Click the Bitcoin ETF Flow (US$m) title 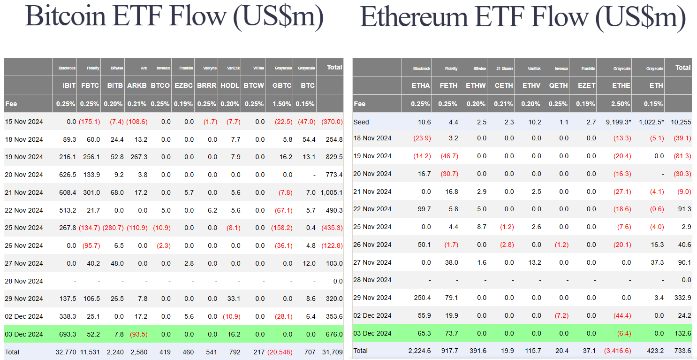(174, 16)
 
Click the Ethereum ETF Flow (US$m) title (522, 17)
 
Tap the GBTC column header (281, 85)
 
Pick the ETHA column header (420, 85)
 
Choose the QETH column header (558, 85)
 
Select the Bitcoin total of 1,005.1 (331, 192)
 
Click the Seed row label (361, 122)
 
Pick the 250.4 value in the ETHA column (421, 298)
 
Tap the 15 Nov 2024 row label (24, 122)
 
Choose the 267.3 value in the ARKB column (138, 157)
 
